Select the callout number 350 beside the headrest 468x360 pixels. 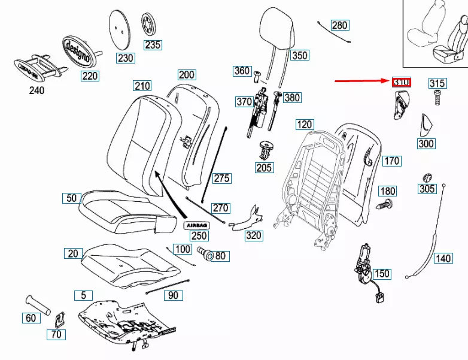click(299, 56)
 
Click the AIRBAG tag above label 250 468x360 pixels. click(196, 224)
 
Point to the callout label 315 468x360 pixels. click(436, 83)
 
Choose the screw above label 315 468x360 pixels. click(436, 96)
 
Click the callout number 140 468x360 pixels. click(442, 259)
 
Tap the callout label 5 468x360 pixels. click(83, 295)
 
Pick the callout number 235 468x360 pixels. click(152, 45)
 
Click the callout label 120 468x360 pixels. click(305, 125)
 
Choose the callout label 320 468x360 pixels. click(254, 235)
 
